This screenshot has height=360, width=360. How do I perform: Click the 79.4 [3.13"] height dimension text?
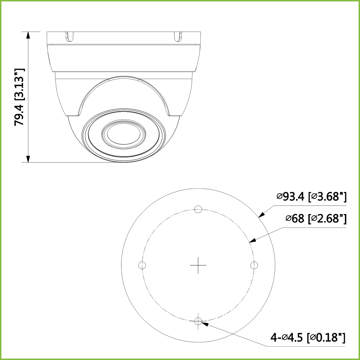pyautogui.click(x=19, y=97)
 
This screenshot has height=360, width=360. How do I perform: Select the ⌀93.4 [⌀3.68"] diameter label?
pyautogui.click(x=311, y=197)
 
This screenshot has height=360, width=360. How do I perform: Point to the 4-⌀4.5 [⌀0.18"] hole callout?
pyautogui.click(x=308, y=338)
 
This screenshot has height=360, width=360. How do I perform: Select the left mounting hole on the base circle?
pyautogui.click(x=142, y=265)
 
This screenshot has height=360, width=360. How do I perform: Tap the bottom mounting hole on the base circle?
pyautogui.click(x=198, y=321)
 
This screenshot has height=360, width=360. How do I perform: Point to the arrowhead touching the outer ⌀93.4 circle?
pyautogui.click(x=262, y=214)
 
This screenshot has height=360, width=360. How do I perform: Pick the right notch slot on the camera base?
pyautogui.click(x=178, y=36)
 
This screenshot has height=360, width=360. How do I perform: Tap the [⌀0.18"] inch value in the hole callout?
pyautogui.click(x=326, y=338)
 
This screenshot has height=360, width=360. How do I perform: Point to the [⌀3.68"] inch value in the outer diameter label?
pyautogui.click(x=327, y=197)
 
